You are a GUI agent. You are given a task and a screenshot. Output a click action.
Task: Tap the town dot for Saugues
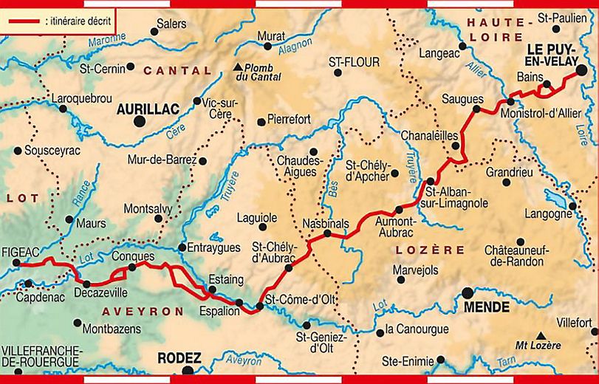pyautogui.click(x=476, y=109)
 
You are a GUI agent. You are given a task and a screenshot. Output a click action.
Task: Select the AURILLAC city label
pyautogui.click(x=148, y=109)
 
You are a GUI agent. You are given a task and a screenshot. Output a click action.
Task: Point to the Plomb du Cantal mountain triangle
pyautogui.click(x=237, y=67)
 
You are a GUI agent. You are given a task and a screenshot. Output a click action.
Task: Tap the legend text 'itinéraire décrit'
pyautogui.click(x=78, y=21)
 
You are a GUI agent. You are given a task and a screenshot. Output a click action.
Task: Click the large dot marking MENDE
pyautogui.click(x=468, y=292)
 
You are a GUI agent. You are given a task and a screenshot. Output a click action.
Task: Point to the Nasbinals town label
pyautogui.click(x=324, y=222)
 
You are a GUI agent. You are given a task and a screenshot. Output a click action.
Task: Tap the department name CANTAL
pyautogui.click(x=177, y=71)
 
